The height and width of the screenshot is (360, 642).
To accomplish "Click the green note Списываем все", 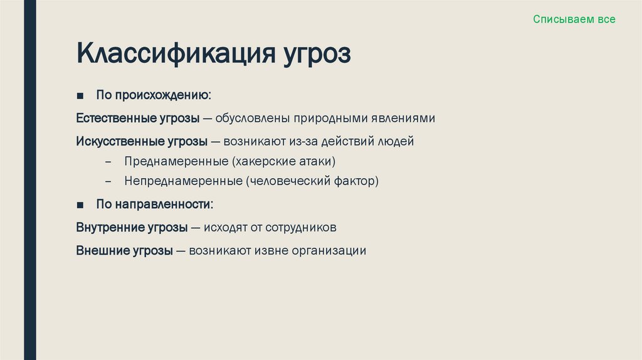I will coord(574,19).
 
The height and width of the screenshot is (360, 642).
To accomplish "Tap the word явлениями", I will coord(404,119).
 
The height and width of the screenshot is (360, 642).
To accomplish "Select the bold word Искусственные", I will coord(115,141).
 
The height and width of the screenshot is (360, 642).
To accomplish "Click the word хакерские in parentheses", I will coord(264,161).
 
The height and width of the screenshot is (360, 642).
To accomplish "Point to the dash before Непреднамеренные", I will coord(108,182).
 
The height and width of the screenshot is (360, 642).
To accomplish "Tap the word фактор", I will coord(358,182).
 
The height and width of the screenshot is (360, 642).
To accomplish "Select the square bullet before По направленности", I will coord(80,205).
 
